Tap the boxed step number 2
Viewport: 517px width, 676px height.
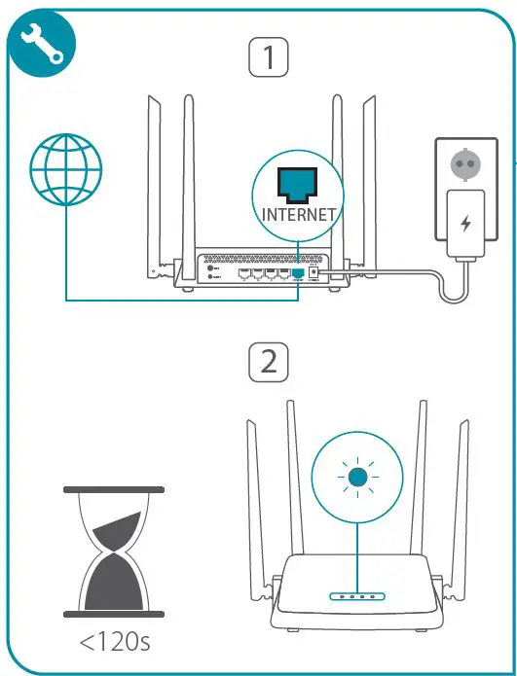point(269,362)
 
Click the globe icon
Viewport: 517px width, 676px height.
point(65,167)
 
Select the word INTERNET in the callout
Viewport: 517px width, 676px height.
point(299,213)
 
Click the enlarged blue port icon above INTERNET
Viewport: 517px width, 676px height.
point(299,182)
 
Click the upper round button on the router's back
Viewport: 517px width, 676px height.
point(211,267)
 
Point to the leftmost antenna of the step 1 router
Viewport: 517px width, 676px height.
point(154,185)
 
